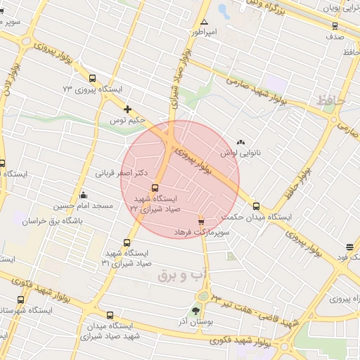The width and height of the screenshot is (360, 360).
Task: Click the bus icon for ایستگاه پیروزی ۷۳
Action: click(92, 78)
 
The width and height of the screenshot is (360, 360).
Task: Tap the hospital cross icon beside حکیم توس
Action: click(127, 109)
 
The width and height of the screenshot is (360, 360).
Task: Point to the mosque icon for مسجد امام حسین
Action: click(84, 195)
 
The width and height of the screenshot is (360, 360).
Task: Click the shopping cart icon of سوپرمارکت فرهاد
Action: click(201, 220)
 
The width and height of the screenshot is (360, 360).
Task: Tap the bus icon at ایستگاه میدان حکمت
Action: click(256, 207)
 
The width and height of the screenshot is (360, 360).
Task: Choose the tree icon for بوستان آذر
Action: click(195, 309)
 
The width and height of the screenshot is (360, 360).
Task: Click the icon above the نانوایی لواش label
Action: click(241, 141)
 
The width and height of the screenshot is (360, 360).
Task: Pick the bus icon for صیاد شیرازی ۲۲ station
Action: click(155, 188)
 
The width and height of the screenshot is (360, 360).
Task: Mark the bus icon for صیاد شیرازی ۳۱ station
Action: click(127, 243)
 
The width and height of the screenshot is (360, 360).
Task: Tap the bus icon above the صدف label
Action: click(335, 26)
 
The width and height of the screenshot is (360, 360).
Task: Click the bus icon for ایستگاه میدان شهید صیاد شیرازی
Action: click(110, 315)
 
